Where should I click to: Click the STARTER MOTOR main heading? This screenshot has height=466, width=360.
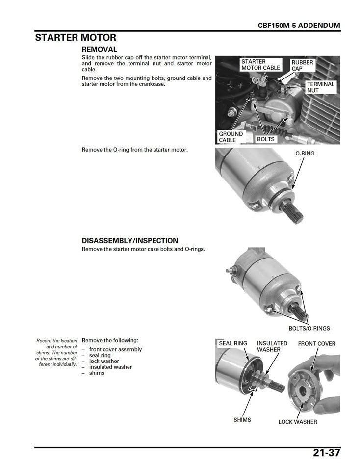[x=76, y=38]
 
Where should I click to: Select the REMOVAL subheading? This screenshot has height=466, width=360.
[x=99, y=50]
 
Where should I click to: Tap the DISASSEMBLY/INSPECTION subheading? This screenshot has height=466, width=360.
[x=130, y=241]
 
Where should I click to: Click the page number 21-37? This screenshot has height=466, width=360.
[x=326, y=453]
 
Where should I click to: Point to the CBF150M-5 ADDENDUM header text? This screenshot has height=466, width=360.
[x=299, y=26]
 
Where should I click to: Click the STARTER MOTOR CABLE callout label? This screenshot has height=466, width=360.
[x=260, y=65]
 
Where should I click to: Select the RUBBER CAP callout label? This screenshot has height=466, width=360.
[x=302, y=65]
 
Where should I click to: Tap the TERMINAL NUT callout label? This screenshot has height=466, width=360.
[x=320, y=87]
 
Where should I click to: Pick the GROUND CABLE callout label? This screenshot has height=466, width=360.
[x=231, y=137]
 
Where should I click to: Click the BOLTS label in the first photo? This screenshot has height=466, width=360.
[x=266, y=139]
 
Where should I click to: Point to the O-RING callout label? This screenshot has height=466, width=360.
[x=305, y=154]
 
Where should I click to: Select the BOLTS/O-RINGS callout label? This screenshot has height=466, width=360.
[x=309, y=328]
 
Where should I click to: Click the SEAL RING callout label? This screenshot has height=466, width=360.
[x=233, y=343]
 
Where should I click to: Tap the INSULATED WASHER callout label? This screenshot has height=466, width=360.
[x=272, y=346]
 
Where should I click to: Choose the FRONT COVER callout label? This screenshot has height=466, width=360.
[x=316, y=343]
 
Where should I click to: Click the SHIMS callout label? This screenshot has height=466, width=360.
[x=242, y=420]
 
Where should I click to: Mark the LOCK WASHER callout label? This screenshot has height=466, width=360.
[x=297, y=422]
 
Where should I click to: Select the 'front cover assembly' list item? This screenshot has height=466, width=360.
[x=115, y=349]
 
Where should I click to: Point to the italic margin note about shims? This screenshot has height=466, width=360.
[x=56, y=352]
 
